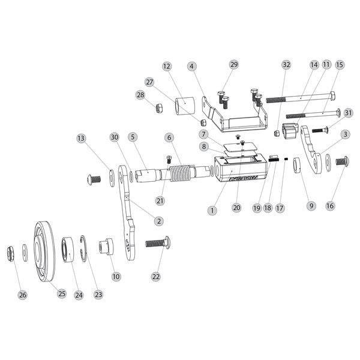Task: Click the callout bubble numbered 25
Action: click(x=61, y=293)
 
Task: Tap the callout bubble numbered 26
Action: click(x=23, y=295)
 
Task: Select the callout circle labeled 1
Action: click(x=212, y=211)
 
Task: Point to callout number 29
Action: click(x=233, y=64)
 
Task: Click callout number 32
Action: click(x=286, y=64)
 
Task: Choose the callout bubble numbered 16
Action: click(x=330, y=206)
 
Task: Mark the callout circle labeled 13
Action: click(x=81, y=139)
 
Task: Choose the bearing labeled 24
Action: click(x=68, y=250)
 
